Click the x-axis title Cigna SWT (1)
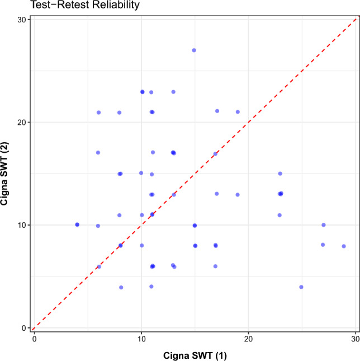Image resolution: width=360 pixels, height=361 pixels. coord(195,355)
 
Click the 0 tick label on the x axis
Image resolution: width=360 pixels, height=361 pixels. coord(35,339)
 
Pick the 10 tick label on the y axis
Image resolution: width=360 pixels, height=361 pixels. coord(21,225)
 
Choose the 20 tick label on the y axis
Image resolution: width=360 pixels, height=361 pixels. coord(21,123)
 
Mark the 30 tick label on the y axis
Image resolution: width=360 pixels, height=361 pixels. coord(21,20)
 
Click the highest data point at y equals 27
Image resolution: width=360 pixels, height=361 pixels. coord(194,50)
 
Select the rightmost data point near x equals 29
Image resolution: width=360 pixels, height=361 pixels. coord(344,246)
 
